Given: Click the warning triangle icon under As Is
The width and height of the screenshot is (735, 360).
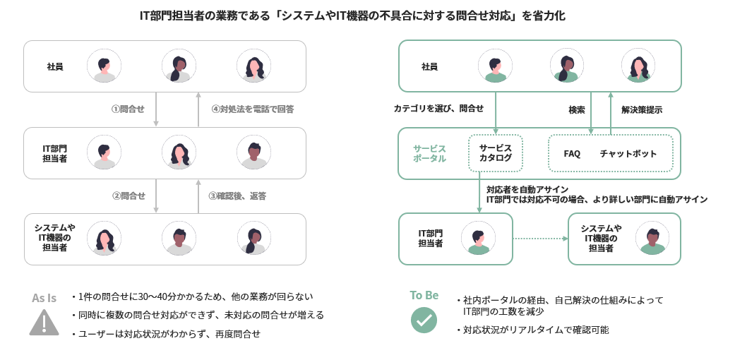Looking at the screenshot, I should [x=44, y=322].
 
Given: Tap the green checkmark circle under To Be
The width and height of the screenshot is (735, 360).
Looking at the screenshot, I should [x=424, y=320].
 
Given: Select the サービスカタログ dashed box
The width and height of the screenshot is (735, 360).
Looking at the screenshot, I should [x=495, y=153].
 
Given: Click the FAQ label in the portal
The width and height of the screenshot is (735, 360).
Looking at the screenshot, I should [x=572, y=154].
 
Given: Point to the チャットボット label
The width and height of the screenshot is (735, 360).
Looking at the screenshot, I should [x=628, y=154].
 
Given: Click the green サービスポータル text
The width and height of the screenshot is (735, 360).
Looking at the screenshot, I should [x=429, y=153].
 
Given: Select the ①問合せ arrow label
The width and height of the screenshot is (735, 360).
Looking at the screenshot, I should [x=128, y=109].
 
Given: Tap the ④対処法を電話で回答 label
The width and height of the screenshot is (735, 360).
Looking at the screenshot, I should [x=252, y=109].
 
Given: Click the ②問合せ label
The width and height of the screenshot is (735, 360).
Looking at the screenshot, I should [x=128, y=196].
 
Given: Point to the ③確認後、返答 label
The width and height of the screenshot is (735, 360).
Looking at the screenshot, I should [x=237, y=196].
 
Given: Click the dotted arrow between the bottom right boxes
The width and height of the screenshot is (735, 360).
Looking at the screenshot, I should [x=540, y=239].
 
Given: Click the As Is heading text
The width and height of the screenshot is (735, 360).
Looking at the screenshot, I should [x=44, y=298].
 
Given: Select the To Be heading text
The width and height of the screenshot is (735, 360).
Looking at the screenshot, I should [x=424, y=295].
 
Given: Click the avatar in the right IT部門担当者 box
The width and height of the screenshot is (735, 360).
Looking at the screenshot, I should [x=478, y=239].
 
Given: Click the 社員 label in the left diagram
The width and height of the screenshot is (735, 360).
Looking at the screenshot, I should [x=55, y=66].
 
